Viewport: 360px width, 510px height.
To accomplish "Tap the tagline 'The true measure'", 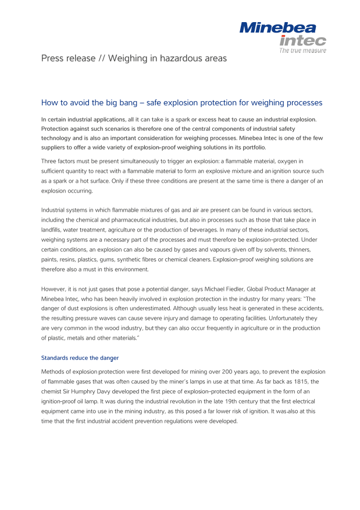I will pos(302,51).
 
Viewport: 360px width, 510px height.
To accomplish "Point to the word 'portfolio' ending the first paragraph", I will pos(252,148).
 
